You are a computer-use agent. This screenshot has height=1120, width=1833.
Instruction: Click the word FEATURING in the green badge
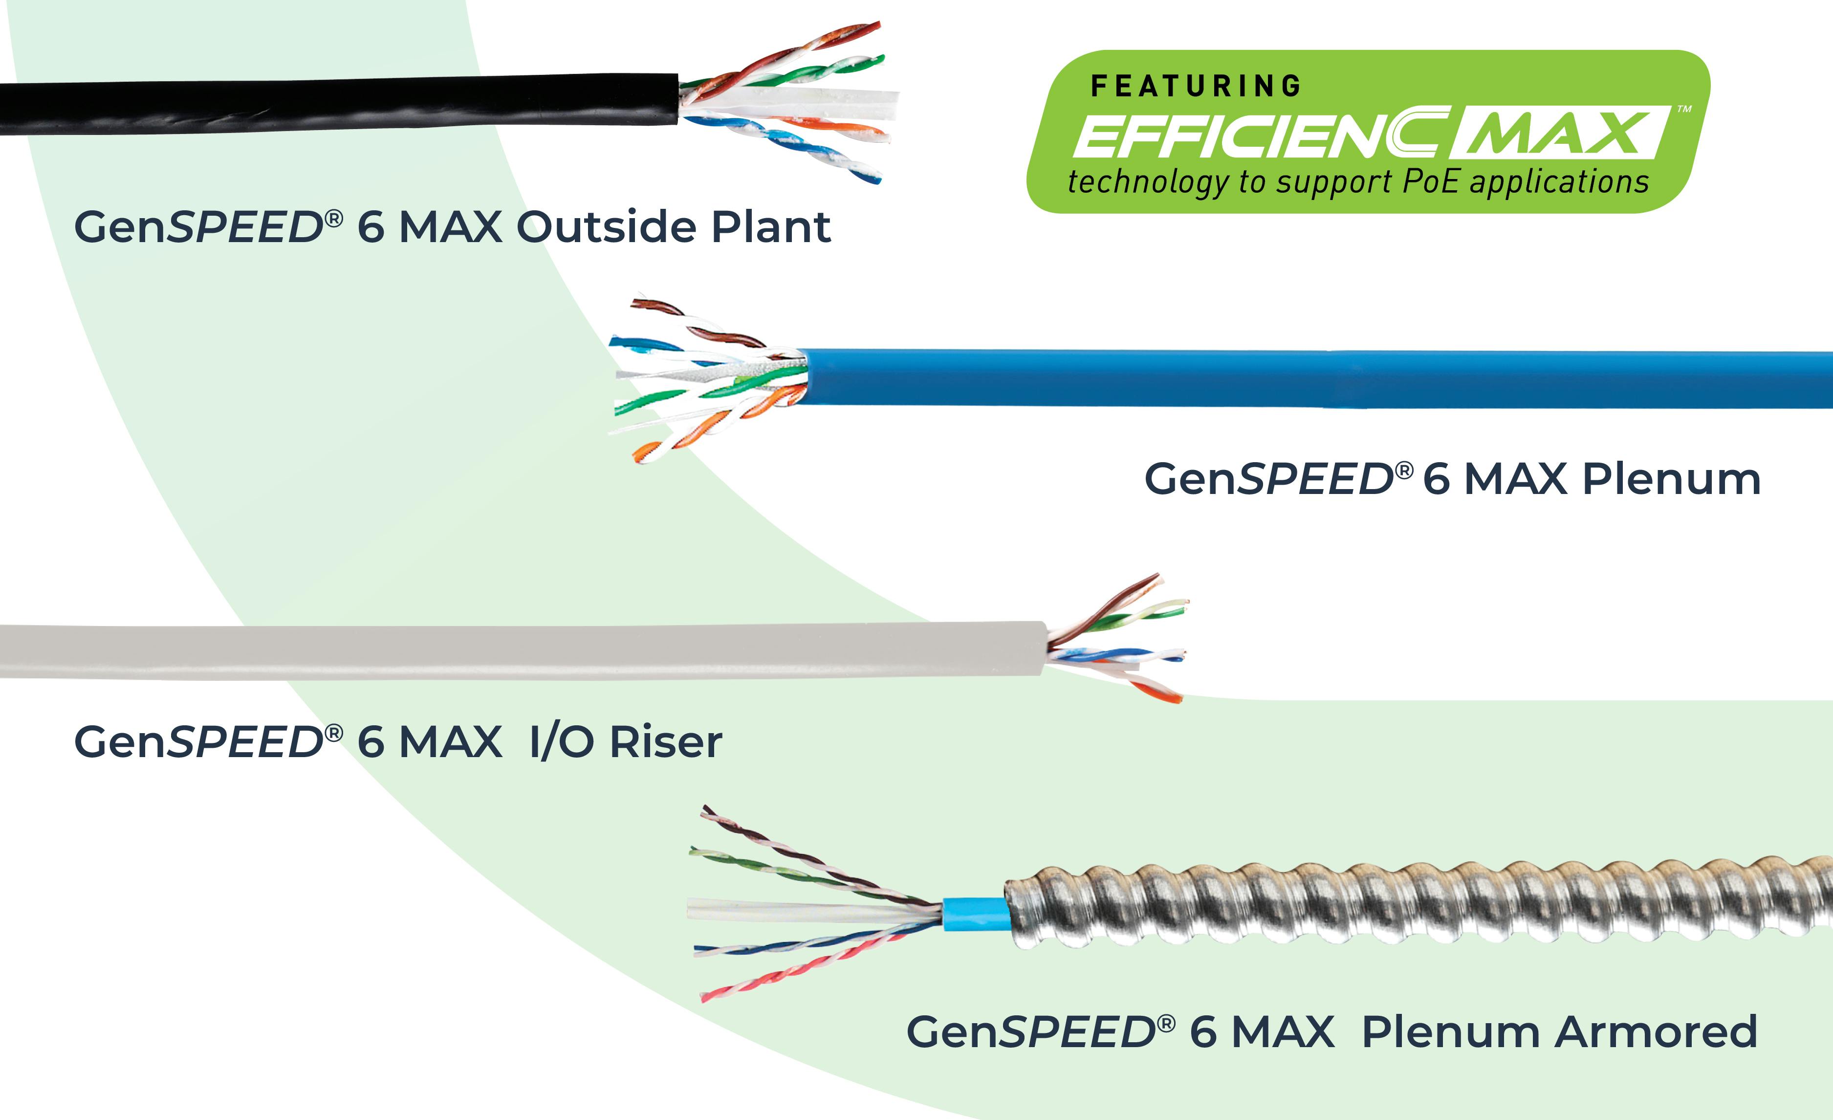point(1196,87)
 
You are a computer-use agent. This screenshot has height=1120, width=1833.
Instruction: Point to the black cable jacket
point(335,104)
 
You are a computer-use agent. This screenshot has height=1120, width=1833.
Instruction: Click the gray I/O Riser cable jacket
point(521,651)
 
